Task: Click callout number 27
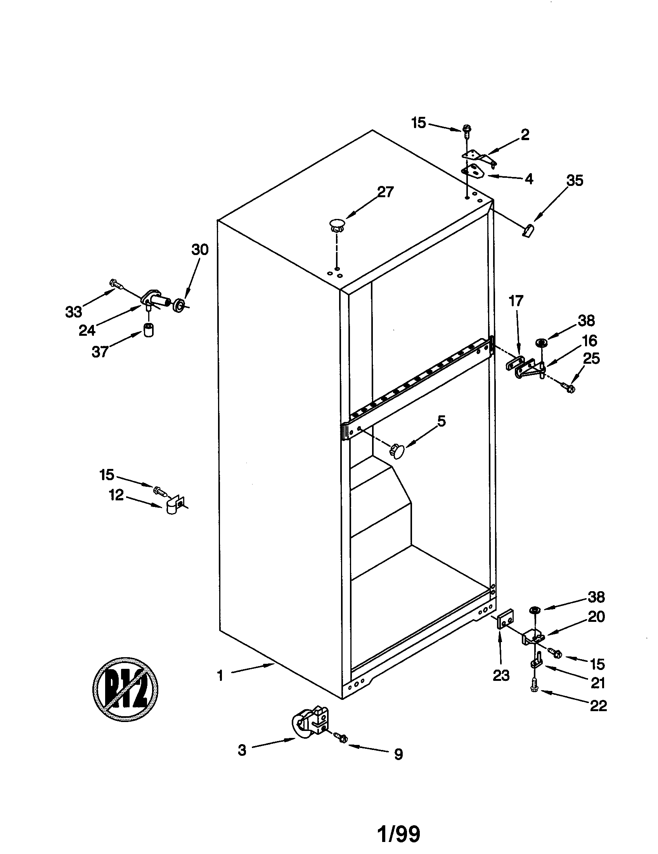coord(385,192)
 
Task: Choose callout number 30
coord(200,249)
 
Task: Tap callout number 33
coord(73,312)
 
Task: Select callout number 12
coord(116,495)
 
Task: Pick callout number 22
coord(598,705)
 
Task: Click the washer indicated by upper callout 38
coord(542,342)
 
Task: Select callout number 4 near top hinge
coord(529,179)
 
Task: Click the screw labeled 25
coord(568,387)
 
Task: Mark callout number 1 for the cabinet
coord(220,675)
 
